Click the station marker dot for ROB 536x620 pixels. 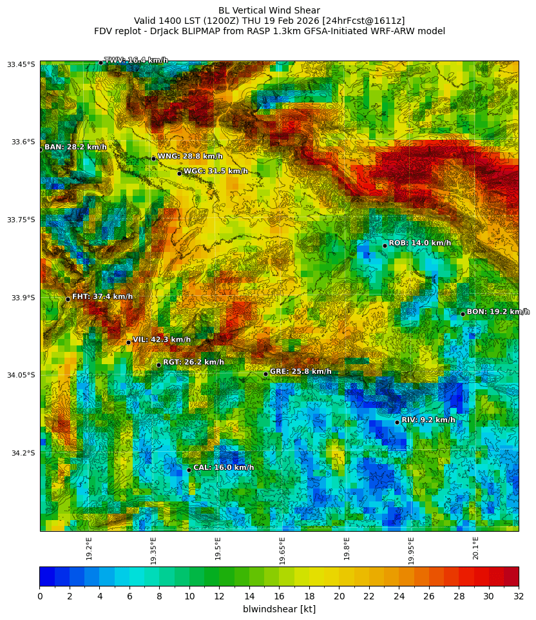pos(385,246)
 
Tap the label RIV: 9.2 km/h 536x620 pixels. pos(428,420)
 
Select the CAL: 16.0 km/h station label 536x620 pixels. pos(224,468)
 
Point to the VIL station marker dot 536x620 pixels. pos(128,342)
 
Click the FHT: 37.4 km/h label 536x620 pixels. pos(102,297)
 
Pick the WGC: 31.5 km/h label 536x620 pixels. pos(216,171)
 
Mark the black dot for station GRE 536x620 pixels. pos(265,374)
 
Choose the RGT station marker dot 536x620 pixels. pos(158,365)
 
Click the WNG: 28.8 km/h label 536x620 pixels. pos(190,157)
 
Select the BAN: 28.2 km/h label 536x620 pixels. pos(75,148)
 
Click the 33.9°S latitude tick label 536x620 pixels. pos(23,298)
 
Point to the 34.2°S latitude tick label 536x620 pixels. pos(23,453)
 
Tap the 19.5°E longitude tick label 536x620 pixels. pos(218,548)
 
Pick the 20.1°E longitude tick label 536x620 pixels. pos(476,548)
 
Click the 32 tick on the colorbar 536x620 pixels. pos(518,596)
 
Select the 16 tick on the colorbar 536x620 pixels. pos(279,596)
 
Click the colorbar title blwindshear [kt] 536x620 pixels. pos(279,609)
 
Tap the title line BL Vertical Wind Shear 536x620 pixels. pos(269,10)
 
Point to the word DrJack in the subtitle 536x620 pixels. pos(165,31)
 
